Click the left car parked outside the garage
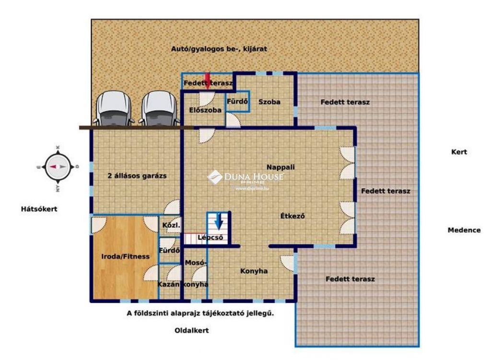113,108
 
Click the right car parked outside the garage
159,108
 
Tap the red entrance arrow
207,81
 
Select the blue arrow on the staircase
219,221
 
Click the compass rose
58,167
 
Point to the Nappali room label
281,167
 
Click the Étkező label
292,216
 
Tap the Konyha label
254,271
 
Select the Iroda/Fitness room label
125,256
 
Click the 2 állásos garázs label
137,176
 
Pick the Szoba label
269,102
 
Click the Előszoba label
205,110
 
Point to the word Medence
464,230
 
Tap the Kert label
459,152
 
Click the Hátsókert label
39,209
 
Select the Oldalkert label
192,330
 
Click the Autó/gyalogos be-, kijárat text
219,49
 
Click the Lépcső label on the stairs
210,238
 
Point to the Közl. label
171,225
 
